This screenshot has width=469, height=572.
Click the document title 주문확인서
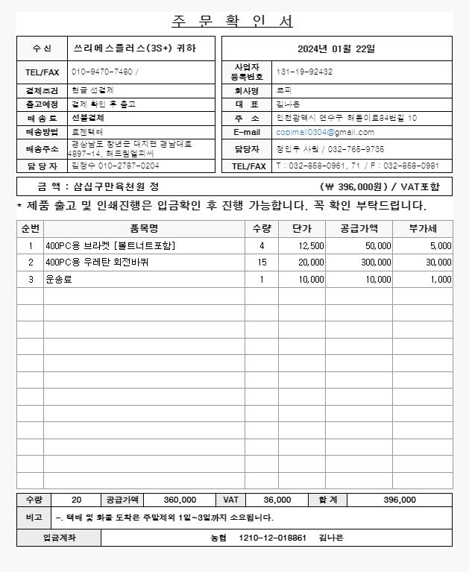[x=233, y=21]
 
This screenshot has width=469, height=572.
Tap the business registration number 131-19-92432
[x=304, y=72]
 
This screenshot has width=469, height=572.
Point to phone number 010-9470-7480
[x=103, y=72]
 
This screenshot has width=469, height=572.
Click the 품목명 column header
[x=143, y=228]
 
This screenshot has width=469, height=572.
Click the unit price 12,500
[x=311, y=245]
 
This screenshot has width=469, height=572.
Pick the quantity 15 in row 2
[x=262, y=263]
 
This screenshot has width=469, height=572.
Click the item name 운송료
[x=57, y=280]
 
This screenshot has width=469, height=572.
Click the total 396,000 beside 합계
[x=400, y=500]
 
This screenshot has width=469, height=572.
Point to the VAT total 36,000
[x=277, y=500]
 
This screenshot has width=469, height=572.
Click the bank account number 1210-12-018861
[x=272, y=538]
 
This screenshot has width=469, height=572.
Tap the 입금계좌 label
[x=59, y=538]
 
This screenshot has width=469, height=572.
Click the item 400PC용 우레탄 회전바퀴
[x=97, y=263]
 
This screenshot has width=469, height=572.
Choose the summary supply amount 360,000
[x=180, y=500]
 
